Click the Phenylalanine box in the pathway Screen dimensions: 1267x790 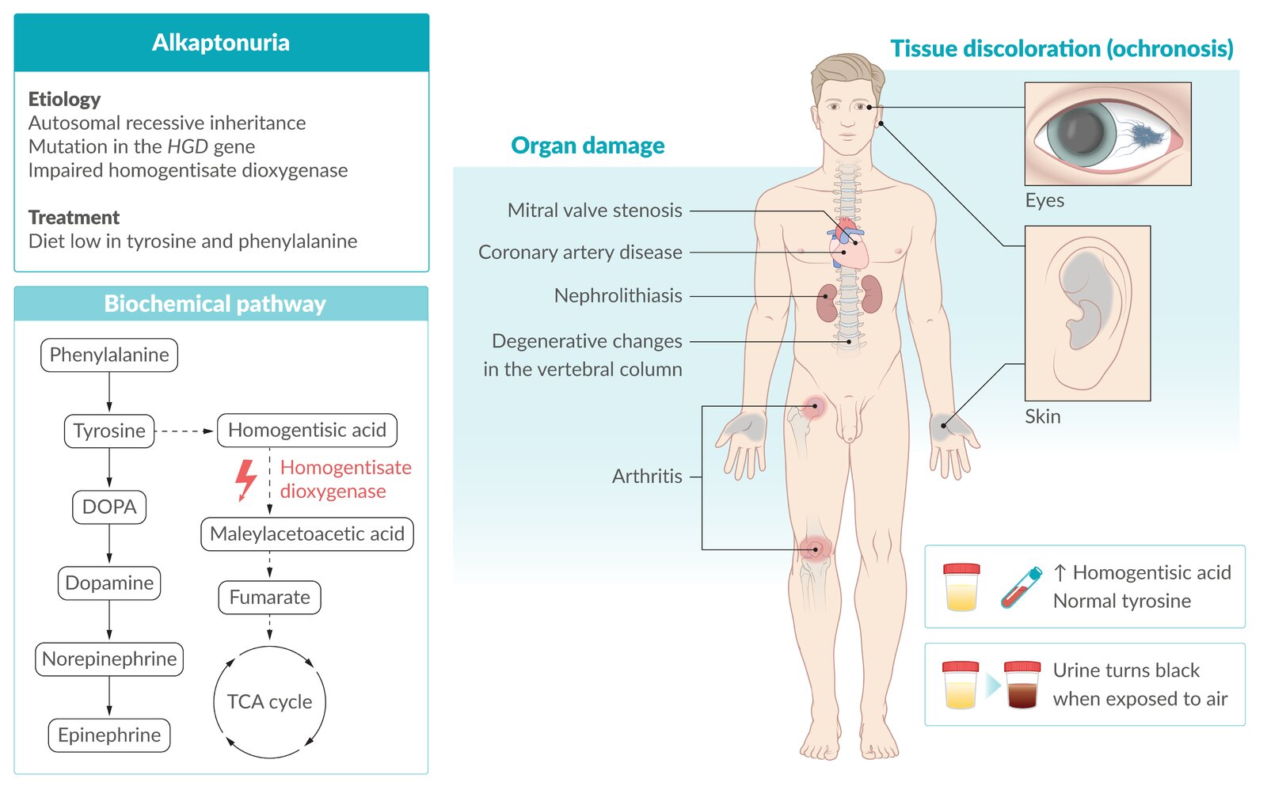[109, 355]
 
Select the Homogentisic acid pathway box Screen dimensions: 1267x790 [307, 431]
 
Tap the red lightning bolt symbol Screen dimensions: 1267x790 [246, 480]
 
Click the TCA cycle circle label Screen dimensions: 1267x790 [269, 702]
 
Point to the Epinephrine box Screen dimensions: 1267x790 [109, 735]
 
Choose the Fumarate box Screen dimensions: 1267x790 [270, 598]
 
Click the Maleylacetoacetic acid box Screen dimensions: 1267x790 [307, 534]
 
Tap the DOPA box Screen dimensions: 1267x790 [109, 507]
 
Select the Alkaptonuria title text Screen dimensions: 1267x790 [221, 43]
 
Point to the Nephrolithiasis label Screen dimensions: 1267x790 [618, 296]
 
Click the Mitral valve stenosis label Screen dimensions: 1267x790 [595, 211]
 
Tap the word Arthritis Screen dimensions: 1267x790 [647, 477]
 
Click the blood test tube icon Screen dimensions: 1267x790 [1021, 587]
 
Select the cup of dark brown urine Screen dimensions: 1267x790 [1022, 685]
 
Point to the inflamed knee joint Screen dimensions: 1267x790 [815, 548]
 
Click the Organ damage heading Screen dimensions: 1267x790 [588, 146]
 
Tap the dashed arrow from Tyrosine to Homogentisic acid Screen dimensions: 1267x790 [185, 431]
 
